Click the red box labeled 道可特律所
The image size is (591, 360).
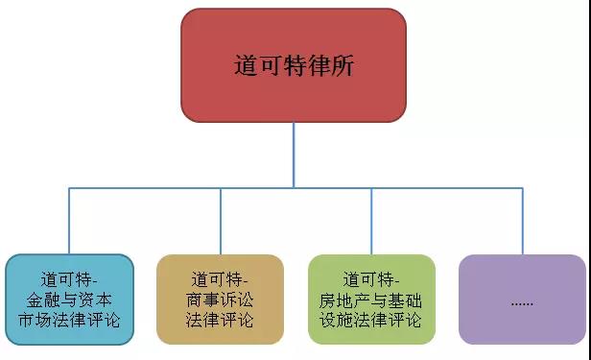click(x=294, y=65)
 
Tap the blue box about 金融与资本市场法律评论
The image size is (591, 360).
click(x=69, y=299)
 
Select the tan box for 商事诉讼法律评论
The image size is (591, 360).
click(x=220, y=299)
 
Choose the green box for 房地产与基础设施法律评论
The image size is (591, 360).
click(x=371, y=299)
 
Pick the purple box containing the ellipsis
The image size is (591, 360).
click(x=522, y=299)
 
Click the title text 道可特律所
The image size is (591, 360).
click(x=294, y=66)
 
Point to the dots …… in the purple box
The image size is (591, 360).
click(x=522, y=300)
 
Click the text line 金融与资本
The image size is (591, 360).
click(x=69, y=300)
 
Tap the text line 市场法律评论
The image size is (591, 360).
click(x=69, y=320)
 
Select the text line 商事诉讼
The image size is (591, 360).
click(x=220, y=300)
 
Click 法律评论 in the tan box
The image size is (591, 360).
click(x=220, y=320)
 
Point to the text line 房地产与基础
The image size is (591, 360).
click(x=371, y=300)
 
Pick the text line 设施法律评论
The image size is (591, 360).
click(x=371, y=320)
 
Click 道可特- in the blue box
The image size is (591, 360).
click(x=69, y=279)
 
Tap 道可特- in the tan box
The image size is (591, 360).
click(x=220, y=279)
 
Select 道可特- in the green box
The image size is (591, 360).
click(x=371, y=279)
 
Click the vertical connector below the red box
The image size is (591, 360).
click(x=294, y=154)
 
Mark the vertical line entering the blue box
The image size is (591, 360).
click(x=69, y=221)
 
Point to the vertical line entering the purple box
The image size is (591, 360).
click(x=522, y=221)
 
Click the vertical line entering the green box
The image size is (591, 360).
click(x=371, y=221)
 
